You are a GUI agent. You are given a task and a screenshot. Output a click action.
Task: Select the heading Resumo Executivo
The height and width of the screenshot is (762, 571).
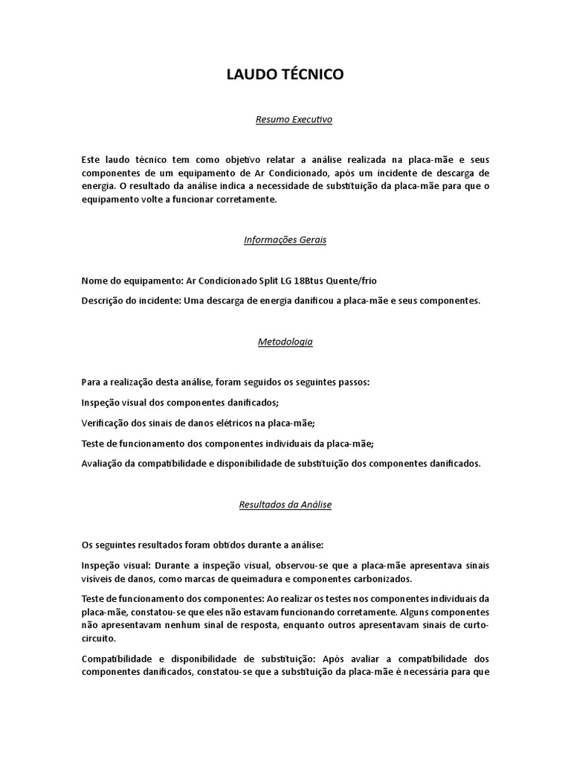coord(285,118)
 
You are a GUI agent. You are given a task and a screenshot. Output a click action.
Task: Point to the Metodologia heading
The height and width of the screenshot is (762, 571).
coord(285,342)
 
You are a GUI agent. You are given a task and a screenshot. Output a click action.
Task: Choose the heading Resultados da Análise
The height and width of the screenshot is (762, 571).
coord(285,504)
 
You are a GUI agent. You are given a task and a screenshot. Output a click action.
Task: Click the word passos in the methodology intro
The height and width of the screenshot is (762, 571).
coord(354,382)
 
